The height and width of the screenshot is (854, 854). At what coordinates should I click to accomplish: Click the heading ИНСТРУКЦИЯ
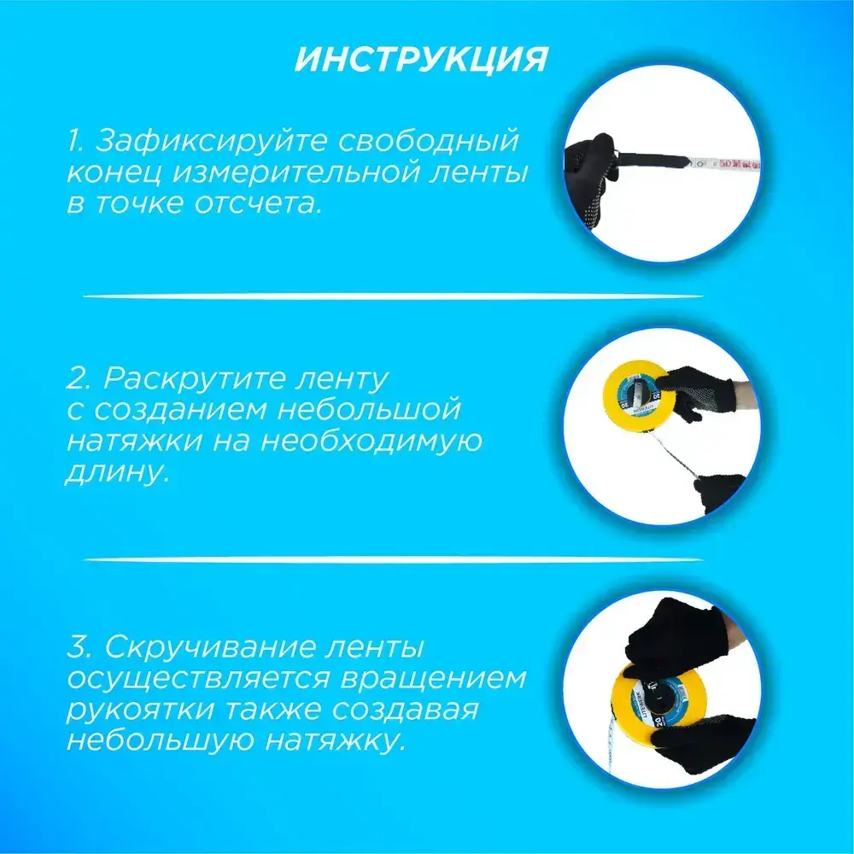pyautogui.click(x=420, y=58)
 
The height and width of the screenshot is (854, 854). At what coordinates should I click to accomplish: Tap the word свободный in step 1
pyautogui.click(x=428, y=142)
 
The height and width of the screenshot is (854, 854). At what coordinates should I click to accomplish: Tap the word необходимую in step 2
pyautogui.click(x=371, y=442)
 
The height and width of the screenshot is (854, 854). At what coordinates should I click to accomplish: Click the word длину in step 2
pyautogui.click(x=114, y=471)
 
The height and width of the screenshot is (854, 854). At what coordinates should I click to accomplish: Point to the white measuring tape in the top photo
pyautogui.click(x=722, y=163)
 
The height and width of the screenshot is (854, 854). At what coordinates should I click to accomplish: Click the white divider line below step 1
pyautogui.click(x=393, y=297)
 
